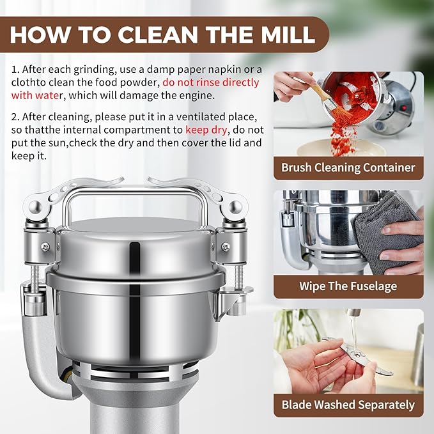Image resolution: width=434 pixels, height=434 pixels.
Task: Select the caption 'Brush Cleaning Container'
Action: click(x=348, y=168)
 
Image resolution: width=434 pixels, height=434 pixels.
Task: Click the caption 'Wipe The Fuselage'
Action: click(x=348, y=286)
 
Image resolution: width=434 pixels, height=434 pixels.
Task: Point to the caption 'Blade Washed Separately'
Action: click(x=348, y=405)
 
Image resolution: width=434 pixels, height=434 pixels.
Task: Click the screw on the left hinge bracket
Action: click(x=46, y=247)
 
